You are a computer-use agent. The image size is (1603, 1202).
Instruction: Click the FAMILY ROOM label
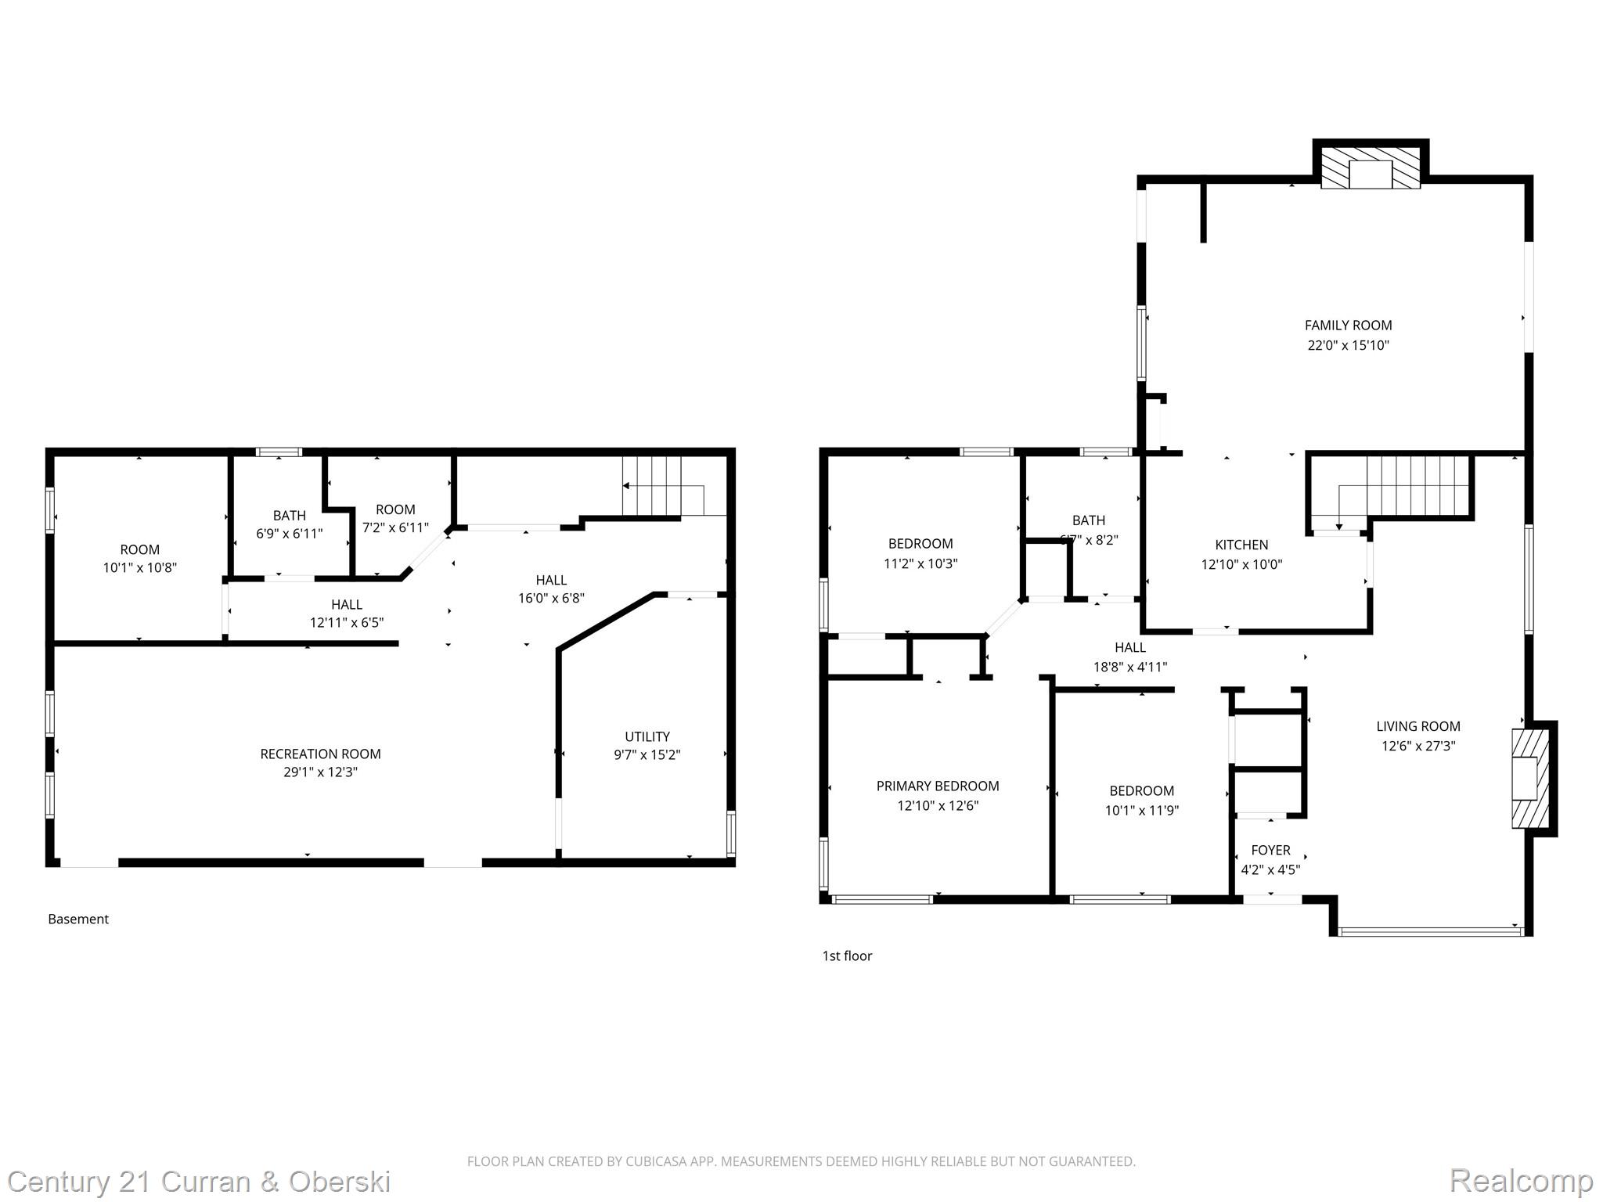1348,325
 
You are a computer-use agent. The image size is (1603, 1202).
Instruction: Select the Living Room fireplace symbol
1529,778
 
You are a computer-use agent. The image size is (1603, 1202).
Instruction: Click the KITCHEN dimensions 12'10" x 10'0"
1241,564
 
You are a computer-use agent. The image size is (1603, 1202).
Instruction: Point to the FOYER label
1270,850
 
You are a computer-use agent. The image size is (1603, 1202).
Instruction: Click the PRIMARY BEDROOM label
938,786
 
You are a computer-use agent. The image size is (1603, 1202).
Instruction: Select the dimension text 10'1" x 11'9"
1141,811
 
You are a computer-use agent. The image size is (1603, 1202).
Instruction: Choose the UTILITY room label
647,736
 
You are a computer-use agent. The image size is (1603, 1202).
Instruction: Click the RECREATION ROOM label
320,754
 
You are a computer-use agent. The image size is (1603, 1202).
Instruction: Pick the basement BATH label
289,515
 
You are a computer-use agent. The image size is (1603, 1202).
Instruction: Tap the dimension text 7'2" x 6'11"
395,527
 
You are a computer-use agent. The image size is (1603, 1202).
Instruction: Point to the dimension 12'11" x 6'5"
346,623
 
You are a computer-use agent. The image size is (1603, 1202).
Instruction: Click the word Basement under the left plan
78,919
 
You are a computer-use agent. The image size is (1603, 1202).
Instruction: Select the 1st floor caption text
847,955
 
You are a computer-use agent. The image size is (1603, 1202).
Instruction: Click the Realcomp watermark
1521,1180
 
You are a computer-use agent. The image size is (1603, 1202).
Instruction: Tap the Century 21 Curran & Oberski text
199,1181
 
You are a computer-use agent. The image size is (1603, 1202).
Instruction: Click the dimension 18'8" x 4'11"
1129,667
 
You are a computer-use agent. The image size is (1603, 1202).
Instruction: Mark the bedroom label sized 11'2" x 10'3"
920,543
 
